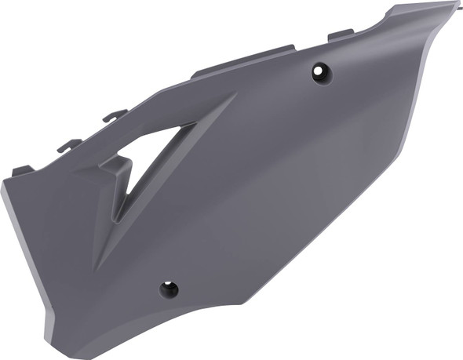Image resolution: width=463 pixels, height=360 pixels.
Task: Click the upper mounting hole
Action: pyautogui.click(x=321, y=73)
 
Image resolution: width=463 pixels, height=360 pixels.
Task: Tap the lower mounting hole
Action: pyautogui.click(x=169, y=289)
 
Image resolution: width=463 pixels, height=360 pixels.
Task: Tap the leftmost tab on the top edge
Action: pyautogui.click(x=22, y=169)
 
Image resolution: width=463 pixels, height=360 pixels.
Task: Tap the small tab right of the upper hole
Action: pyautogui.click(x=340, y=34)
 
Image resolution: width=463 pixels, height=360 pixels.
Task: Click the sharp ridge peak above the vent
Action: pyautogui.click(x=234, y=95)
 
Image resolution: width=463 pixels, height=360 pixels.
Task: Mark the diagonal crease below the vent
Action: pyautogui.click(x=126, y=243)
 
